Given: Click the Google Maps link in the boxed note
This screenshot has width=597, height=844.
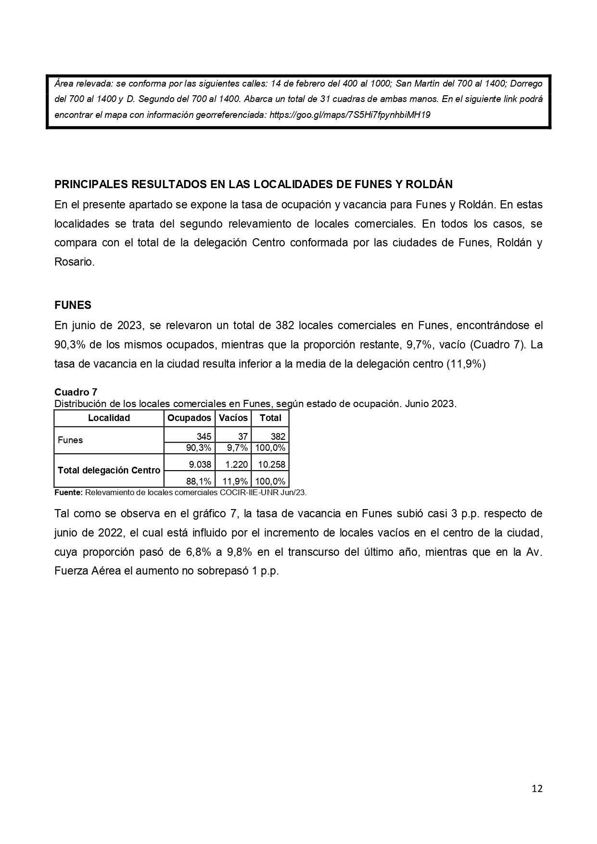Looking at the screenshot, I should [x=350, y=115].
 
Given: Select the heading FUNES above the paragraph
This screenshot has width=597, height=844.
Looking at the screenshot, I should [x=73, y=305].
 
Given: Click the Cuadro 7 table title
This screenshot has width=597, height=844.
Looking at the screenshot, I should [x=76, y=392].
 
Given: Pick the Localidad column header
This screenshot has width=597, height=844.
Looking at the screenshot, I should [x=109, y=418].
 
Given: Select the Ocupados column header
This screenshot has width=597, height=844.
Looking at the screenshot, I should [x=189, y=418].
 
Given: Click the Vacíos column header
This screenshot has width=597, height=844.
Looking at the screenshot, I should [x=233, y=418].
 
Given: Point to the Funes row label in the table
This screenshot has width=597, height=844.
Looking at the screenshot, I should [x=70, y=440].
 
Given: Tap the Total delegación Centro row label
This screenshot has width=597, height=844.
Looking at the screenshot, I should [x=109, y=470].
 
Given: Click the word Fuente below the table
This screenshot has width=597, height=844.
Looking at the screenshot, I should [x=68, y=492].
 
